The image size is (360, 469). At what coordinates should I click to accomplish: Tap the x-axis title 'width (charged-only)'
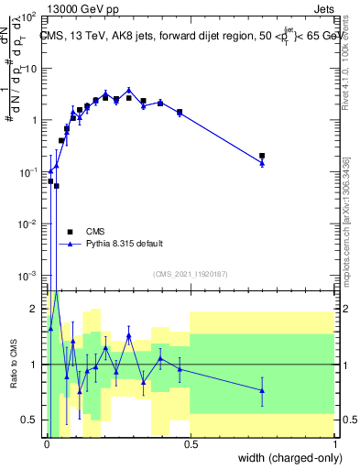[x=286, y=457]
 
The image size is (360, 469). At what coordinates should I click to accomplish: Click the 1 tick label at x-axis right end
[x=334, y=443]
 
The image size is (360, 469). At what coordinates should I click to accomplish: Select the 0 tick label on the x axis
[x=46, y=443]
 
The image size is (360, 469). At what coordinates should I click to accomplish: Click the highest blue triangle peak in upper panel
[x=129, y=91]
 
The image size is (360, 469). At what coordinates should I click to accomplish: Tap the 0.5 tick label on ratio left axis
[x=33, y=420]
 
